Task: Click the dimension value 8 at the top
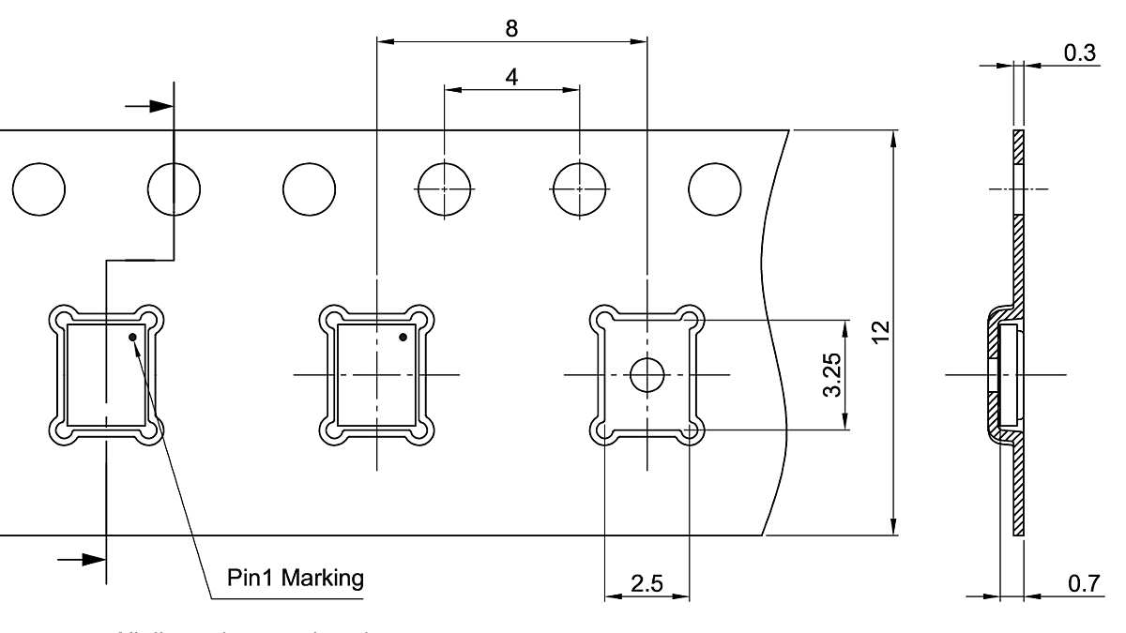(511, 28)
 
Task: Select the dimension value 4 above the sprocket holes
(511, 77)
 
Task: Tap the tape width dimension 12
(878, 333)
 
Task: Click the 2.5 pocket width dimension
(647, 583)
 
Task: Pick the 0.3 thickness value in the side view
(1080, 53)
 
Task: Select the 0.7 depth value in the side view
(1082, 583)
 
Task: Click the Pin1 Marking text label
(296, 577)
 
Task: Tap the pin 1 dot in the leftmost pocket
(133, 337)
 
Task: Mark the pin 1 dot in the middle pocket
(403, 337)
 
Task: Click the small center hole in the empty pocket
(647, 375)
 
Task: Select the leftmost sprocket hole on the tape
(39, 189)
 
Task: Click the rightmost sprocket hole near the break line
(714, 189)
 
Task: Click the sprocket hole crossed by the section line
(174, 189)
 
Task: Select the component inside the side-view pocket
(1008, 374)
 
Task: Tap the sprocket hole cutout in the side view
(1018, 189)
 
